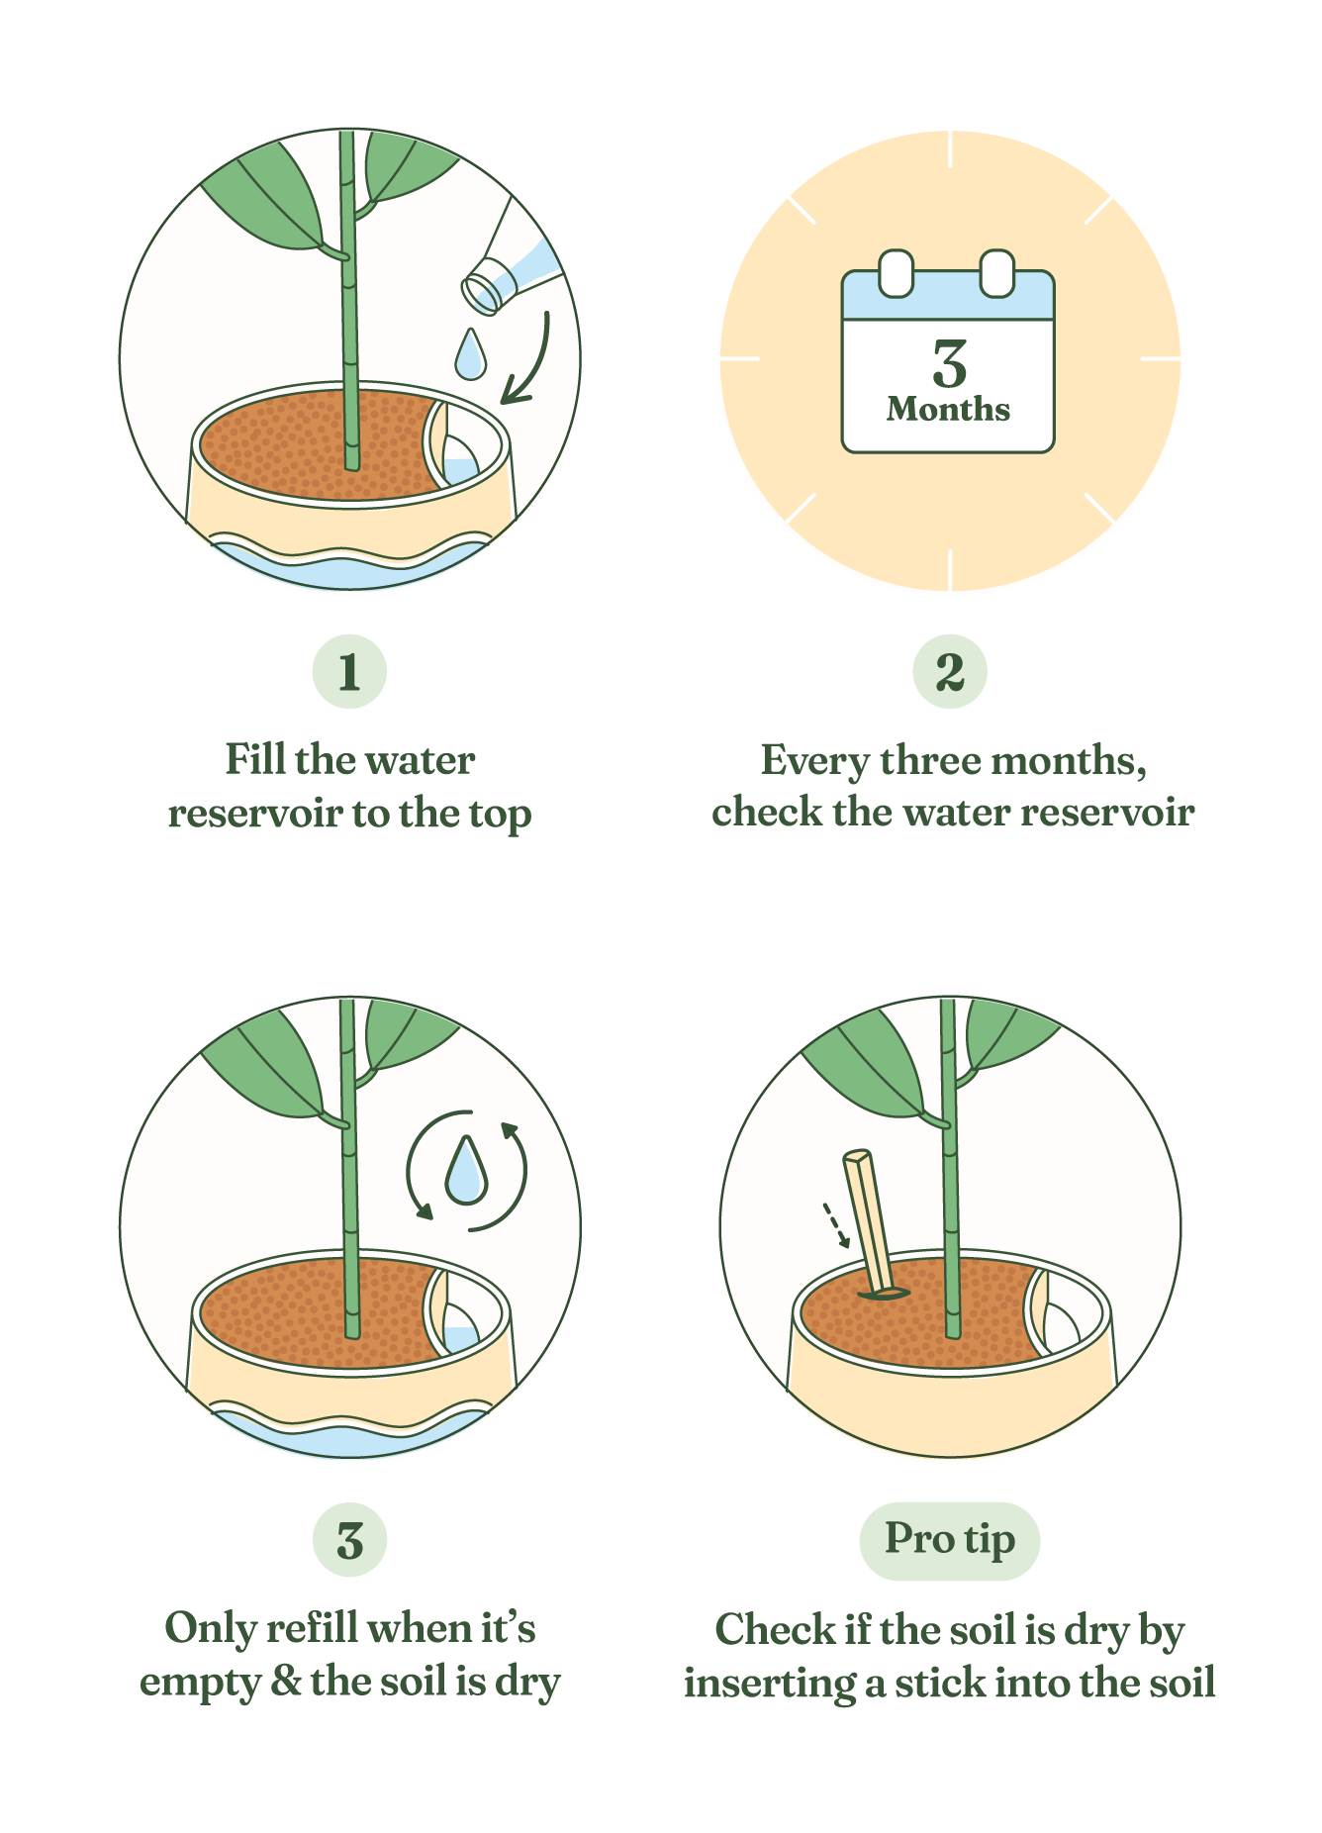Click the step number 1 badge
[x=349, y=671]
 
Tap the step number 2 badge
[x=950, y=671]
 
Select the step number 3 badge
[x=349, y=1540]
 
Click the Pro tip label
[x=950, y=1540]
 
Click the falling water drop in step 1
[x=471, y=353]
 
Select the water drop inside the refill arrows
[x=465, y=1170]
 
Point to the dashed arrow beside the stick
[x=836, y=1225]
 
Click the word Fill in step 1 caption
[x=255, y=760]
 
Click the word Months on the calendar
[x=948, y=410]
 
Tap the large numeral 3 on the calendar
[x=949, y=364]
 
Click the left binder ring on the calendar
[x=896, y=273]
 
